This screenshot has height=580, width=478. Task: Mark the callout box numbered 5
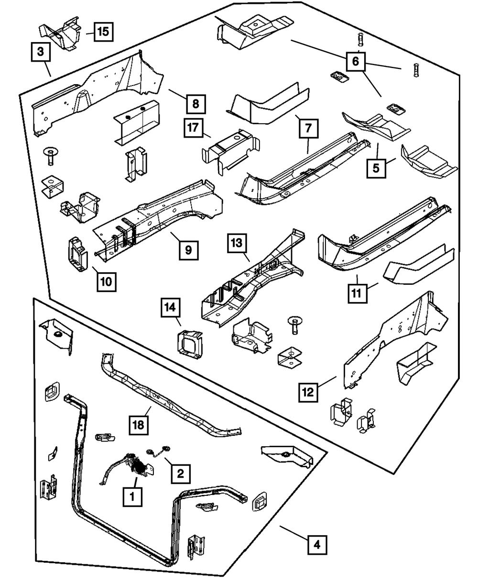coord(377,168)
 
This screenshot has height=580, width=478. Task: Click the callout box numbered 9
coord(189,250)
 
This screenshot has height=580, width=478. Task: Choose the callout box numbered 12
coord(309,392)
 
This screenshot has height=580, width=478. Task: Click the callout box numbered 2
coord(180,473)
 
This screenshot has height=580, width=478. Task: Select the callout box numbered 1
coord(132,497)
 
